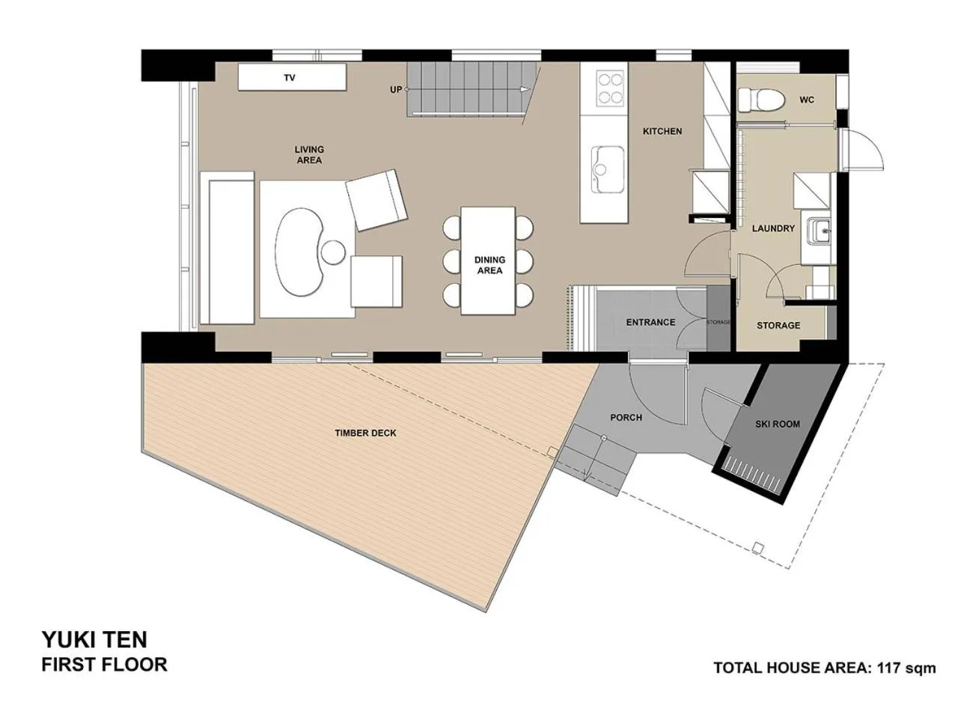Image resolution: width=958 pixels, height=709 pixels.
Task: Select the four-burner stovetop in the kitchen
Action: [x=610, y=88]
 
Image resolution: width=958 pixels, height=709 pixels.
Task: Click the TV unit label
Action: [x=290, y=78]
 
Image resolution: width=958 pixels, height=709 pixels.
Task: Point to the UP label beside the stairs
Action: [x=396, y=90]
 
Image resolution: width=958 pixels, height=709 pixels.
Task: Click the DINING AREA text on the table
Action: [x=489, y=265]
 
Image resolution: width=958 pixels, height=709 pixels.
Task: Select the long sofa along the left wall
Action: [x=227, y=248]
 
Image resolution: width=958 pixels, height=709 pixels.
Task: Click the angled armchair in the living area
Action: [x=376, y=199]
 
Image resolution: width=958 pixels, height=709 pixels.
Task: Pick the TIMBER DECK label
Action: [x=365, y=433]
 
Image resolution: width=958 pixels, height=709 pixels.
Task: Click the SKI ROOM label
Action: [x=777, y=424]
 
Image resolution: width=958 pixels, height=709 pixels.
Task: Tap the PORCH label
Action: [x=626, y=417]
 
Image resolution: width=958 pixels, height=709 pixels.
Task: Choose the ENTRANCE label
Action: [x=650, y=322]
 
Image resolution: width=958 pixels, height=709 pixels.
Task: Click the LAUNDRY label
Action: [x=773, y=228]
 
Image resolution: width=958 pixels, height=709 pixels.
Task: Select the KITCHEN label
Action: [x=662, y=131]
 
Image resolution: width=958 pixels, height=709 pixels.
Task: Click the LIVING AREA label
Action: [x=309, y=155]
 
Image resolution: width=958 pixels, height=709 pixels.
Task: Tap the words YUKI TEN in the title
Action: [x=94, y=639]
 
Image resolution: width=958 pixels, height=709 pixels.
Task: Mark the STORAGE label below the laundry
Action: [x=778, y=326]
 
